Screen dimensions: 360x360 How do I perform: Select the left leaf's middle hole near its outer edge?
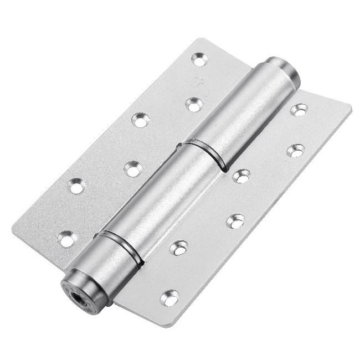(x=138, y=118)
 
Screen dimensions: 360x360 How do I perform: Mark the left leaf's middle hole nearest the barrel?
(x=133, y=168)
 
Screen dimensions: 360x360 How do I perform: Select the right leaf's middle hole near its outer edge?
(x=297, y=151)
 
